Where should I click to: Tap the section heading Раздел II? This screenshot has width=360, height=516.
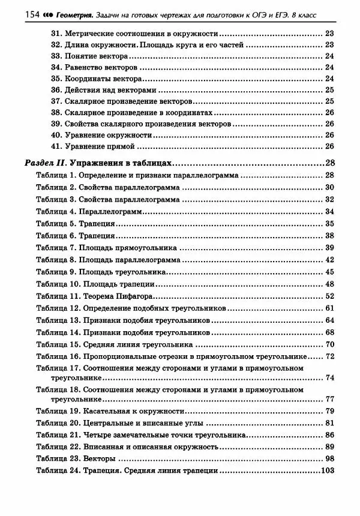pos(46,163)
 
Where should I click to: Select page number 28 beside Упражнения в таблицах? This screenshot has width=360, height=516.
pos(329,163)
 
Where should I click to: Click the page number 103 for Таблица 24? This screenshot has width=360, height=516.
pos(327,470)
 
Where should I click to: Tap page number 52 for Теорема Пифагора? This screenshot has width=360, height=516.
pos(329,296)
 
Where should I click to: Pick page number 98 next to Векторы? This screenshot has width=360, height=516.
pos(329,458)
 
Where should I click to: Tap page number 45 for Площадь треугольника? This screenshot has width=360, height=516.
pos(329,271)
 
